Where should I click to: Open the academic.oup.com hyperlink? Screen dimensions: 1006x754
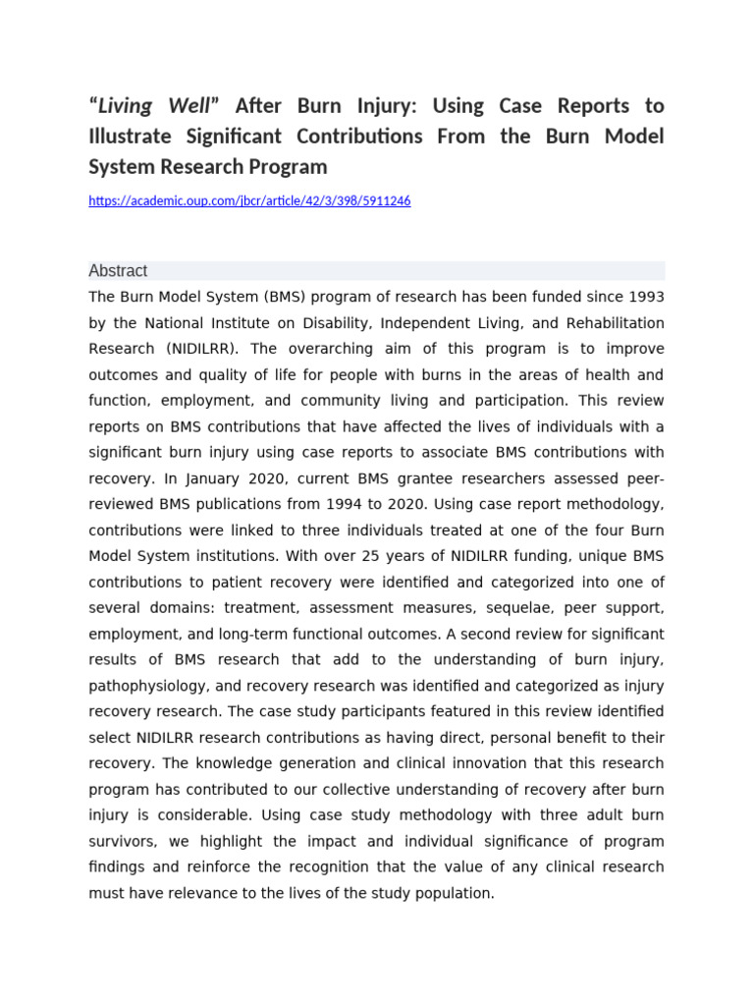pos(249,200)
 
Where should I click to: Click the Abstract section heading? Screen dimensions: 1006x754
pos(118,271)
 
